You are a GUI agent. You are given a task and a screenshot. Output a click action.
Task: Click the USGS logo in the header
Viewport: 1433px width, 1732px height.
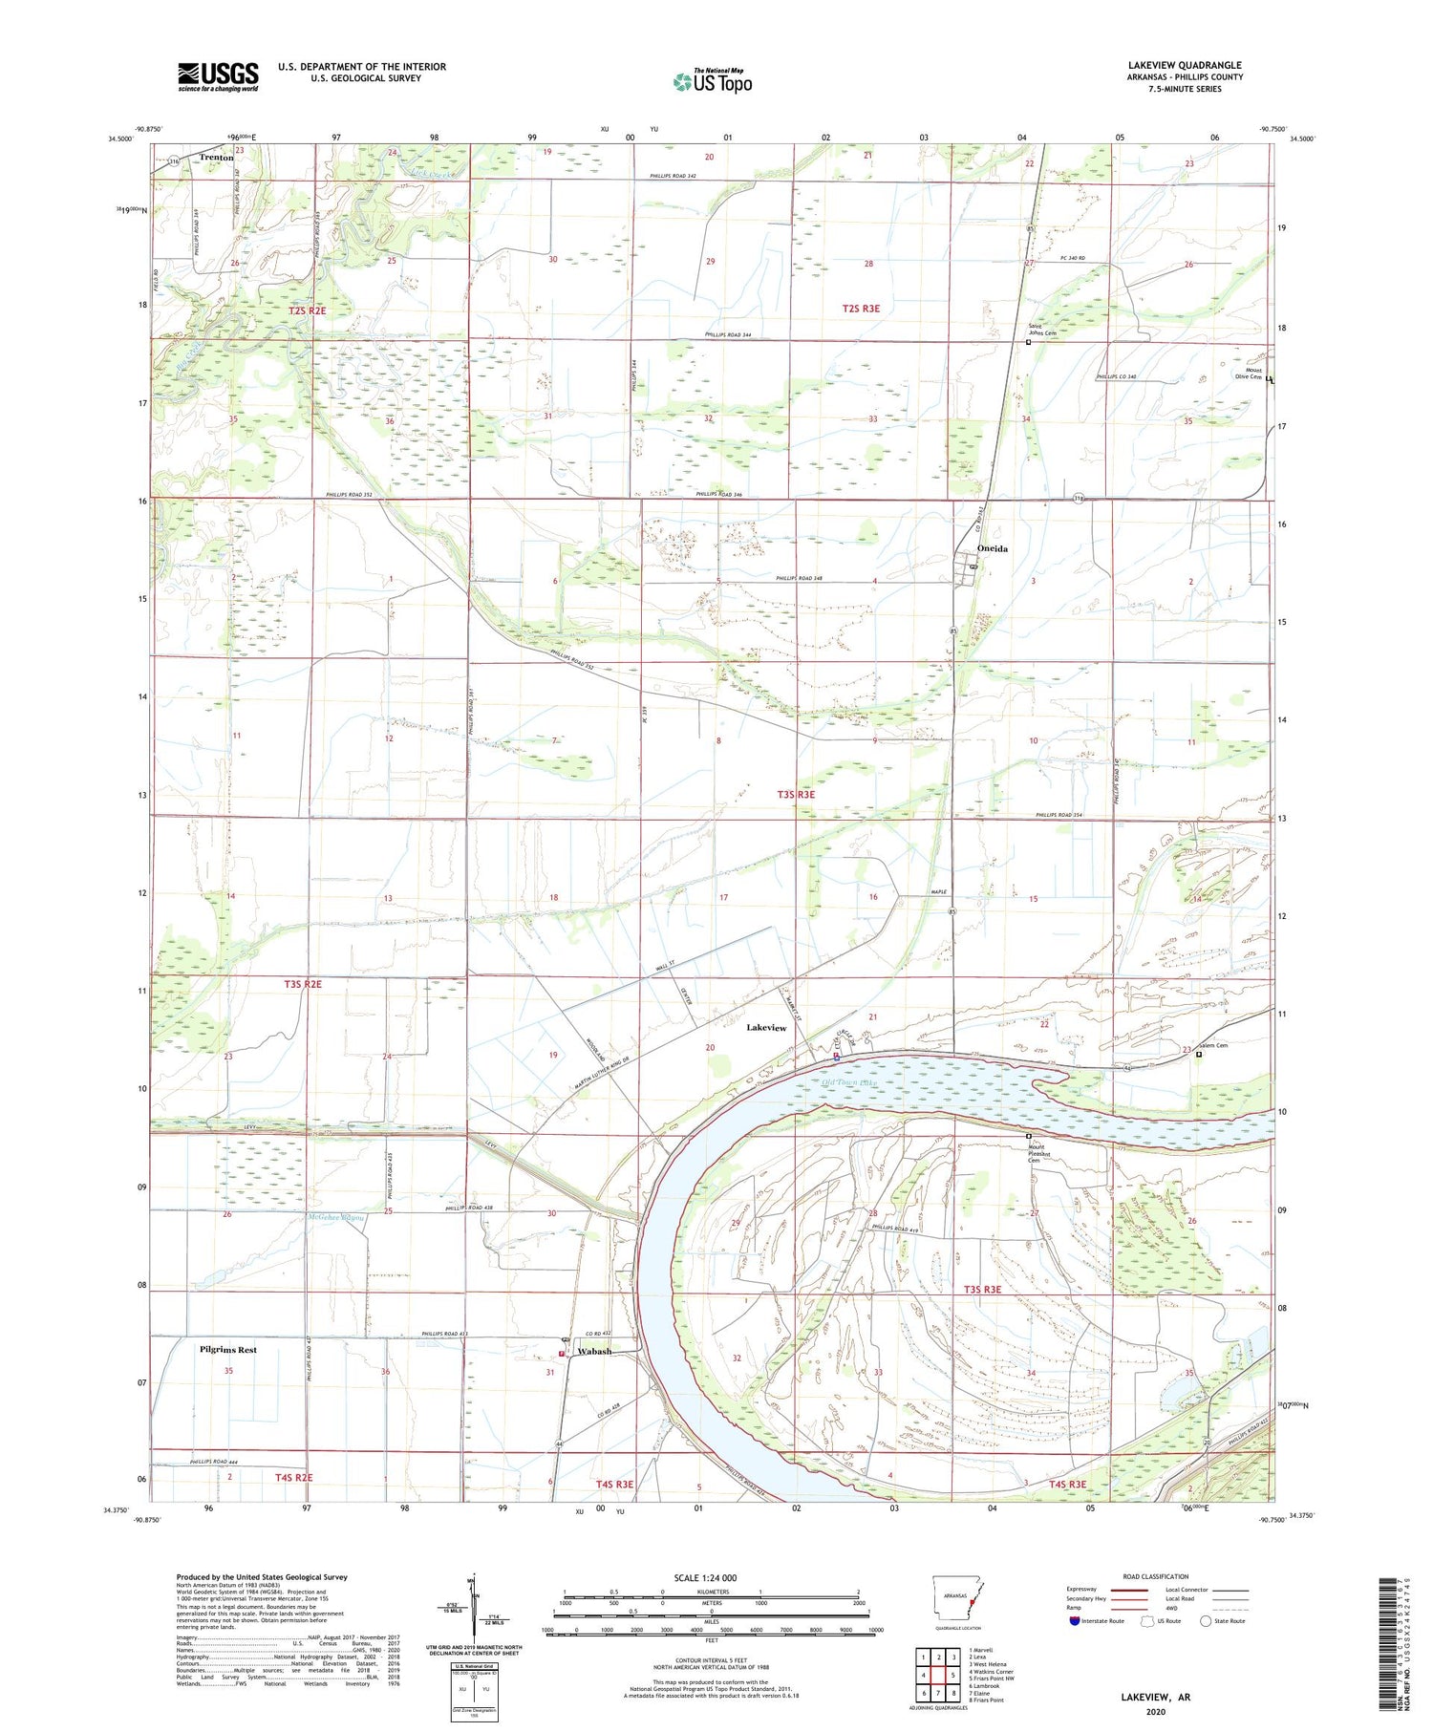point(218,76)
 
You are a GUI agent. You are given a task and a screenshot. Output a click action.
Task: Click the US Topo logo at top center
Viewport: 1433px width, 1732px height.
point(713,81)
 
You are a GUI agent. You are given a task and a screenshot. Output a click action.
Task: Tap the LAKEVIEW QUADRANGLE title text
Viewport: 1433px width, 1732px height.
point(1185,65)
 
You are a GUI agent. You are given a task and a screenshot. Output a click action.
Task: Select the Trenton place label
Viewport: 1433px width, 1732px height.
point(217,157)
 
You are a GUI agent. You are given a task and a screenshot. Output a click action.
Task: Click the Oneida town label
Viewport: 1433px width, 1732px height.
point(994,548)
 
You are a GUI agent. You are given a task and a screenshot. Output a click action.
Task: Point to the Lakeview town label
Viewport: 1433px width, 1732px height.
point(766,1028)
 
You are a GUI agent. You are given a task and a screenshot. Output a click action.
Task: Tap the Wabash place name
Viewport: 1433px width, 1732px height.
point(594,1352)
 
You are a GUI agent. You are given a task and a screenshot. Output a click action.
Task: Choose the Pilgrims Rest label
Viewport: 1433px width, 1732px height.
point(228,1350)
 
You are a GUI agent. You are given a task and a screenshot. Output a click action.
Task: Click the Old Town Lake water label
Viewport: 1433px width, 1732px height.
point(847,1082)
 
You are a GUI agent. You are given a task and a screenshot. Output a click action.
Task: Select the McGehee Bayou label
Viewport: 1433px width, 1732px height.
point(337,1217)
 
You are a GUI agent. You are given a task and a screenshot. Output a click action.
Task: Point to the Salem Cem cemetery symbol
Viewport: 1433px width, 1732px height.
point(1199,1056)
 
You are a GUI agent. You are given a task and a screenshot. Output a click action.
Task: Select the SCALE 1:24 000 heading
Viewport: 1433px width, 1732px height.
point(711,1577)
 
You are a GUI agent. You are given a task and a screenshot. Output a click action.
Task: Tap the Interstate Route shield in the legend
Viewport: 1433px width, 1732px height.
point(1075,1621)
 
